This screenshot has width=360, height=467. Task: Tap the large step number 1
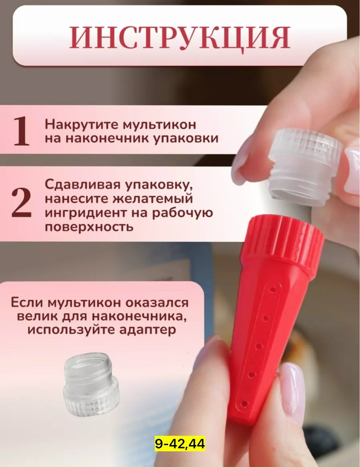21,131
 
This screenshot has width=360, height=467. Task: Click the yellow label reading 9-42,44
179,444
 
